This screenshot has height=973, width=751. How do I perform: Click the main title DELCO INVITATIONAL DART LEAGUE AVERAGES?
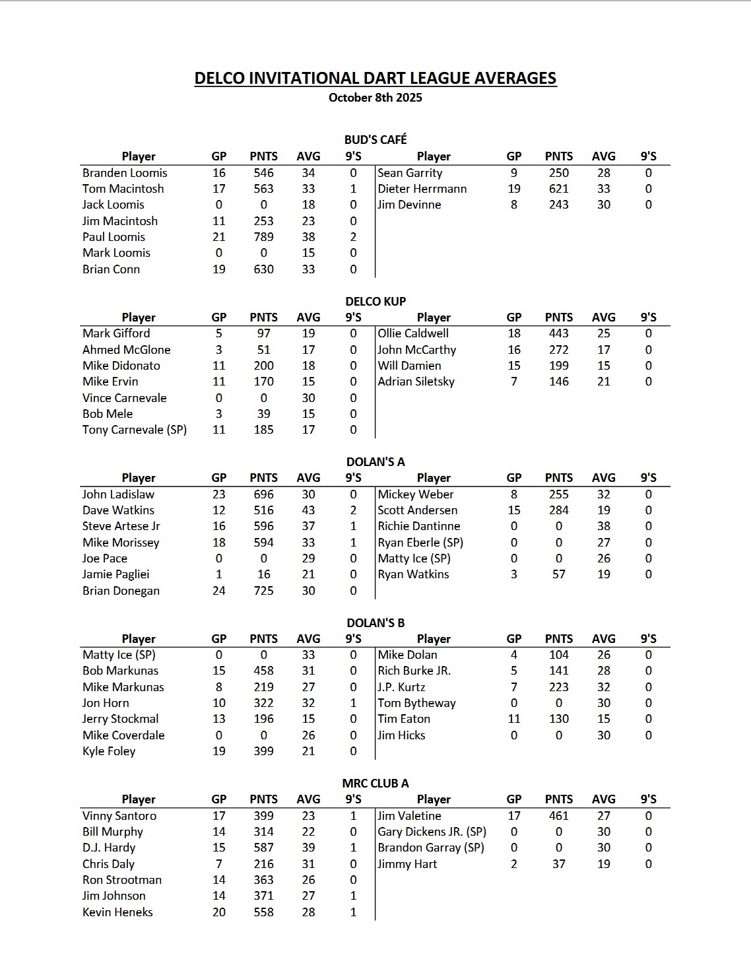tap(375, 78)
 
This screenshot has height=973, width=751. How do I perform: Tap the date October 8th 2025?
tap(375, 98)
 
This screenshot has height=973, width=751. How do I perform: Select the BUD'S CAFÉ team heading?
tap(375, 139)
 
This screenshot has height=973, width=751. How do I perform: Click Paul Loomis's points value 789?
tap(263, 237)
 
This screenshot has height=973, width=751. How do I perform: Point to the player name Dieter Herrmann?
tap(422, 189)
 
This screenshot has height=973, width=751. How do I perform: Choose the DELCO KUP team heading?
tap(375, 301)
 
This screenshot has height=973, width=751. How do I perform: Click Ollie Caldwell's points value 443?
tap(558, 333)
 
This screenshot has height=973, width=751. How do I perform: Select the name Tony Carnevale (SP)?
tap(134, 430)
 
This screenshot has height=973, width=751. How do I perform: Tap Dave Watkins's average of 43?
tap(308, 510)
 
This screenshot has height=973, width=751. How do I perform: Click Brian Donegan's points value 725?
tap(263, 591)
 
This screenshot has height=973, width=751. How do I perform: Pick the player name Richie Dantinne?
tap(418, 526)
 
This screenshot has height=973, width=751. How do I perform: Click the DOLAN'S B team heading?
tap(375, 622)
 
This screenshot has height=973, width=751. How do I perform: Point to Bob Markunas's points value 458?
tap(263, 671)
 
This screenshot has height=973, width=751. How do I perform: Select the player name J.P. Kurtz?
tap(401, 687)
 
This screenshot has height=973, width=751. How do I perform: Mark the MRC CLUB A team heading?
tap(375, 784)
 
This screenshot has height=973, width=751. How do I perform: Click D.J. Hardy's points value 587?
tap(263, 848)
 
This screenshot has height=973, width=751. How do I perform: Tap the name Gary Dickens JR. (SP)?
tap(432, 832)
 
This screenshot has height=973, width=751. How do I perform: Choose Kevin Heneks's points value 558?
tap(263, 912)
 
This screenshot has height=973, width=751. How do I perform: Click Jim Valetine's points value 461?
tap(558, 816)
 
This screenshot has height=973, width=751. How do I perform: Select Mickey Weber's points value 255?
tap(558, 494)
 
